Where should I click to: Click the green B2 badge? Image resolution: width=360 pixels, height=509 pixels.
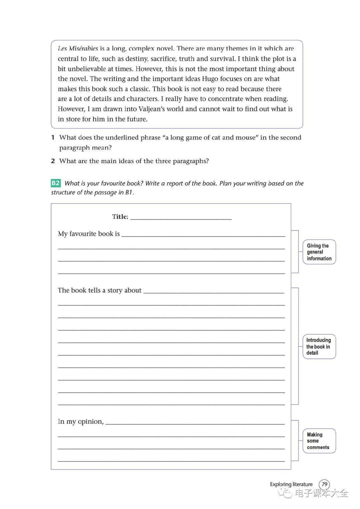coord(56,183)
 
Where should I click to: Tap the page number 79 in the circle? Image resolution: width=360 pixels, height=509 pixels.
coord(324,484)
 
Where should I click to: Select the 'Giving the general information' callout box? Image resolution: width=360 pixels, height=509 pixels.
coord(319,252)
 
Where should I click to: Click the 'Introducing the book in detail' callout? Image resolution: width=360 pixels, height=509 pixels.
coord(319,347)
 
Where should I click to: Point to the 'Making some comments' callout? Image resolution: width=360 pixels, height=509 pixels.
coord(319,441)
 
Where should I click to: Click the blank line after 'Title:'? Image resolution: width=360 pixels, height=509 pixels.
coord(181,217)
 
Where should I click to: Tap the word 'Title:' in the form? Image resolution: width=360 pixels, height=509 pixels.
coord(120,217)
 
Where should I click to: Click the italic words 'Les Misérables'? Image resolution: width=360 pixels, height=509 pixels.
coord(78,49)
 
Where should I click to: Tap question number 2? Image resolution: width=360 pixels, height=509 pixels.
coord(53,161)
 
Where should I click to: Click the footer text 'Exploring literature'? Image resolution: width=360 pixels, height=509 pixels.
coord(291,484)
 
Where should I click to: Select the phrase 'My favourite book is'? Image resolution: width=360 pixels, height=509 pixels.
coord(89,234)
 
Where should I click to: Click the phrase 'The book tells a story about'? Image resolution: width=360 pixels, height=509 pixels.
coord(100,291)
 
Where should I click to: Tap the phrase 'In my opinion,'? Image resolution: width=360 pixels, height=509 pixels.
coord(81,422)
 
